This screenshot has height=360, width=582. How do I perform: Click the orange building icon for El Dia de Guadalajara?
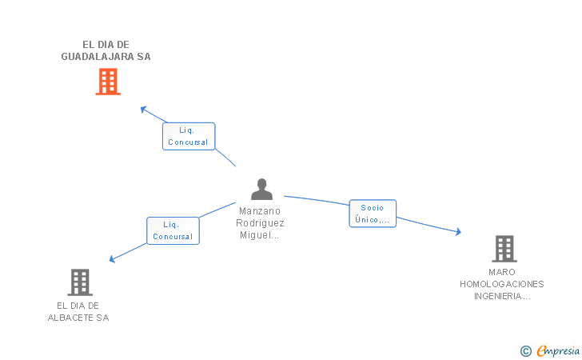(108, 82)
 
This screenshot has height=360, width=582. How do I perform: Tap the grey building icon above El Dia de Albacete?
(79, 282)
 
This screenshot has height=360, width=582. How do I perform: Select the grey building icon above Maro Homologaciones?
(504, 249)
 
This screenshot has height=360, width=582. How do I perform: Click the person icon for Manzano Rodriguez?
(261, 190)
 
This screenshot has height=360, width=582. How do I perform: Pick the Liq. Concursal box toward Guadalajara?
(189, 136)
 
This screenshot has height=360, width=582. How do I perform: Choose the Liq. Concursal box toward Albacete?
(173, 230)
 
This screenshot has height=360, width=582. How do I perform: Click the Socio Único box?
(373, 214)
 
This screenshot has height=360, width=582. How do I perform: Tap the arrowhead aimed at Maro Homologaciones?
(458, 232)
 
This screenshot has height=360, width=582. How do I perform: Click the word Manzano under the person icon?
(261, 211)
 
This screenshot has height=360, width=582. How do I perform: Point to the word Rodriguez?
(261, 223)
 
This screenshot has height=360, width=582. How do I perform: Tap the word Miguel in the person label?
(257, 235)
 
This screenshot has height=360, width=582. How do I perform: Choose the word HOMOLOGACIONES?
(502, 284)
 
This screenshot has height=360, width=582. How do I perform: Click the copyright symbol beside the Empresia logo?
(525, 350)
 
